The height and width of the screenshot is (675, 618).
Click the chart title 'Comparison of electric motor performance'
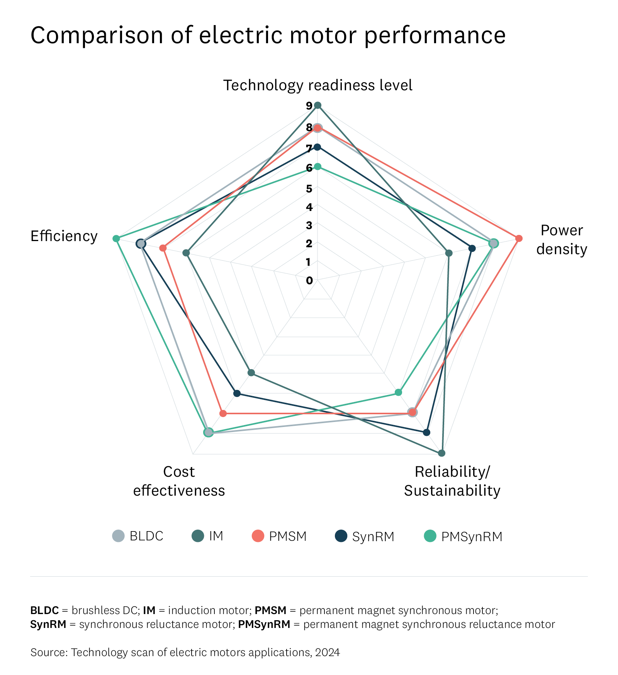(x=268, y=35)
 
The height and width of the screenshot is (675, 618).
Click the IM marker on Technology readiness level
(x=317, y=105)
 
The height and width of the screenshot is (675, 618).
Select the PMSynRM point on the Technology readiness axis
(x=317, y=167)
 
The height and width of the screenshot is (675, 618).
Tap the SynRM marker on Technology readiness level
(x=317, y=147)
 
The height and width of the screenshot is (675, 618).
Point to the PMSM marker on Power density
(x=519, y=238)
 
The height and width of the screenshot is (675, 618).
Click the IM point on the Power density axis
(x=448, y=253)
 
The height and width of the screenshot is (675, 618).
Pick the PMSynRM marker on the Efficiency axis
(x=116, y=238)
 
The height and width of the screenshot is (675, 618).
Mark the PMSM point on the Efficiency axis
(x=163, y=248)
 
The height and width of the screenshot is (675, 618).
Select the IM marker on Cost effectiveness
(x=251, y=373)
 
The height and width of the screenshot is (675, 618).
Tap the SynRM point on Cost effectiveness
(x=237, y=393)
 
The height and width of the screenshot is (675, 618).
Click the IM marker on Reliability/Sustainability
(x=441, y=453)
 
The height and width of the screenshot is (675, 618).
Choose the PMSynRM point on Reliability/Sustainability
(x=398, y=393)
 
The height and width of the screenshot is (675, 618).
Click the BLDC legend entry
(x=138, y=536)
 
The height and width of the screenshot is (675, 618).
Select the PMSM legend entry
(x=279, y=536)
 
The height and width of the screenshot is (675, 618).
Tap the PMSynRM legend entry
(x=463, y=536)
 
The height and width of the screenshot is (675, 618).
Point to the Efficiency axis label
(x=64, y=236)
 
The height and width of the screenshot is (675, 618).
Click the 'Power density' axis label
(x=562, y=240)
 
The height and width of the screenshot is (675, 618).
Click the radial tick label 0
(x=309, y=281)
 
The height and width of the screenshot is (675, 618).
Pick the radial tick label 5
(x=309, y=189)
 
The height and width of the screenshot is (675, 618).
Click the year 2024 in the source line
(x=328, y=652)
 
